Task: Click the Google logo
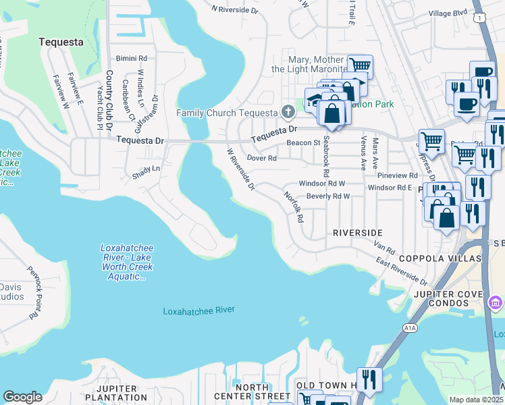[x=22, y=397]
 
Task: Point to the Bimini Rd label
[x=131, y=59]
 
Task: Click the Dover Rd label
[x=262, y=158]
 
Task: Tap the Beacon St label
[x=303, y=143]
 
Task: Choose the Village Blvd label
[x=448, y=13]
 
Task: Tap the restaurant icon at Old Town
[x=369, y=379]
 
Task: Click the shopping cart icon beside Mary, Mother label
[x=361, y=66]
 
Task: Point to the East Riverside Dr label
[x=401, y=271]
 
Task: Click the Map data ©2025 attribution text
[x=476, y=400]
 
